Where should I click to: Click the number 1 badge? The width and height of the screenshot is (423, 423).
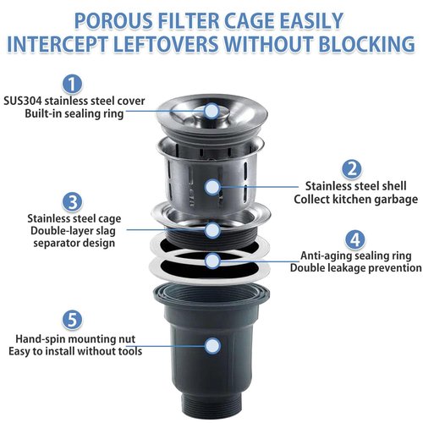[x=73, y=84]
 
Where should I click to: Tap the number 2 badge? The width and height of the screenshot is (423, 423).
[x=352, y=169]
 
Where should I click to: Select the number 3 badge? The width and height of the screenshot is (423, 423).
[x=73, y=202]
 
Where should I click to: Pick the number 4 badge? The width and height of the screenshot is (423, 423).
[x=355, y=239]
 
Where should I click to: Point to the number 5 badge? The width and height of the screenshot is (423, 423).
[x=73, y=320]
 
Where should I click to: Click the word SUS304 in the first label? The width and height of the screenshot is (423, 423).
[x=23, y=101]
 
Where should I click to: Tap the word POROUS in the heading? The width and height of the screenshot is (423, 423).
[x=113, y=21]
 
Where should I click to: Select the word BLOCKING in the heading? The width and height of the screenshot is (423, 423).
[x=366, y=44]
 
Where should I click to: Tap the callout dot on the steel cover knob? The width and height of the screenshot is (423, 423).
[x=211, y=111]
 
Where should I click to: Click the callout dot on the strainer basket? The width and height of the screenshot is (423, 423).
[x=212, y=187]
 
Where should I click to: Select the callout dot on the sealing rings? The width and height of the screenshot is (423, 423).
[x=212, y=261]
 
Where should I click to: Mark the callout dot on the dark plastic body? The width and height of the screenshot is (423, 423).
[x=212, y=346]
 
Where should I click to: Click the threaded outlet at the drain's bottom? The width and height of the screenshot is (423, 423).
[x=211, y=406]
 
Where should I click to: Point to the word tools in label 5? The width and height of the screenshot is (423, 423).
[x=129, y=351]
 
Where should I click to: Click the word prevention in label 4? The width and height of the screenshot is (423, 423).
[x=395, y=268]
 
